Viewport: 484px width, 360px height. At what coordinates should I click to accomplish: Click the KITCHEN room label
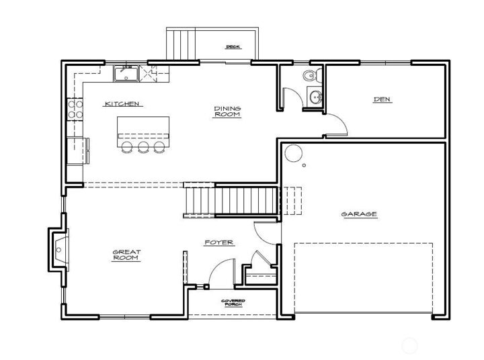[122, 103]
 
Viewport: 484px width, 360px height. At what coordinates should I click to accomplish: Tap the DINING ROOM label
[227, 111]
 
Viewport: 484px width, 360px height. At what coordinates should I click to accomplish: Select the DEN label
[382, 100]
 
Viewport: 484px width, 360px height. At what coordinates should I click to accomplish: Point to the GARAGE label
[359, 214]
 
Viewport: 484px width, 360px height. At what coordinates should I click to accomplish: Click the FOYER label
[219, 242]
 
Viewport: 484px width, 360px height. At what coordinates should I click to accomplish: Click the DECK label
[233, 46]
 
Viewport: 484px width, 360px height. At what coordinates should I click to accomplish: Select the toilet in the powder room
[309, 75]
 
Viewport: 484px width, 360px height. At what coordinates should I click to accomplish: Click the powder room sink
[315, 97]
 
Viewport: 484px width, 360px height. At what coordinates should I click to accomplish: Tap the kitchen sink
[126, 74]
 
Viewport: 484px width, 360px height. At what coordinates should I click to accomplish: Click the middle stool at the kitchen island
[143, 147]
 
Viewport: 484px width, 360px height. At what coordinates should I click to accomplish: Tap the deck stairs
[180, 45]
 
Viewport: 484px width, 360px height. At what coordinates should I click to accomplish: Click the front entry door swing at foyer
[220, 275]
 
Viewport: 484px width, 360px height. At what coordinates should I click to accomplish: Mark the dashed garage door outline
[363, 276]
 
